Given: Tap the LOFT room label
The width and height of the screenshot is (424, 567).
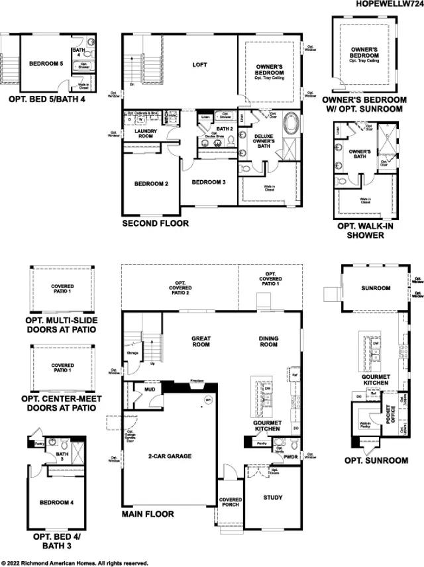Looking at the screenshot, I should tap(199, 65).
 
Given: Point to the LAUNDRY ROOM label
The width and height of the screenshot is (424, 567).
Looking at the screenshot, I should tap(144, 133).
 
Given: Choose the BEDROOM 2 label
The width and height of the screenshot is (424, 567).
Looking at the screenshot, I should tap(151, 184).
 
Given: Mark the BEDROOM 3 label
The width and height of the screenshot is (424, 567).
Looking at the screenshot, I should tap(209, 182).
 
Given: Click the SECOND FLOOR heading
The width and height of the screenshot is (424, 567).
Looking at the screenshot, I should tap(155, 224).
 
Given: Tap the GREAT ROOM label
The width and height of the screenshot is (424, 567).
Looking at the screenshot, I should tap(201, 342).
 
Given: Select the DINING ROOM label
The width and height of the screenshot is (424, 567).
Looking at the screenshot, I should tap(268, 342).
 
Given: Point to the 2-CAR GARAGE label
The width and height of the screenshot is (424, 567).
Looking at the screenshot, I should tap(170, 456).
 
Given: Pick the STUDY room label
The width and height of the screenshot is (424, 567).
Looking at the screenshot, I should tap(272, 497).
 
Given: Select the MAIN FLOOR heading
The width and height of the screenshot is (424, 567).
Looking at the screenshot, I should tap(148, 514).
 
